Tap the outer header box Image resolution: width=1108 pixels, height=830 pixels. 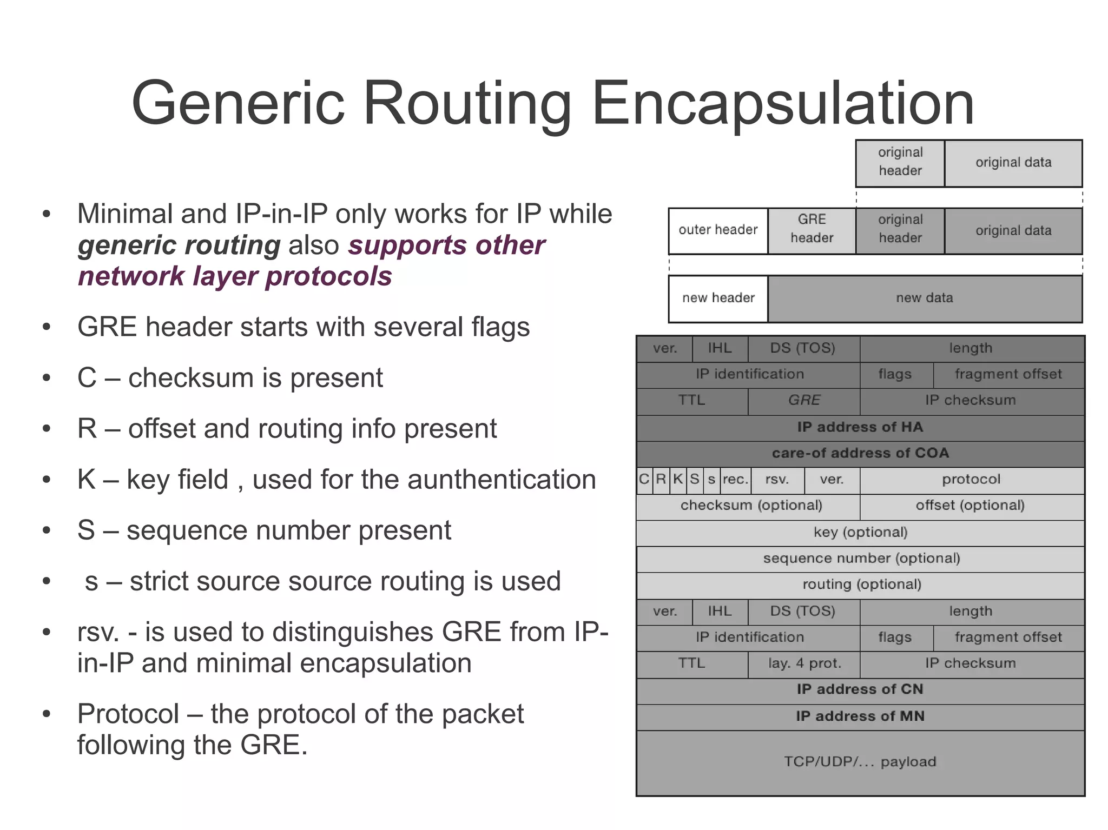(718, 230)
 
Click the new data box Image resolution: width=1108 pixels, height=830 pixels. (924, 298)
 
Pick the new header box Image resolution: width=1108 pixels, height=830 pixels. (718, 298)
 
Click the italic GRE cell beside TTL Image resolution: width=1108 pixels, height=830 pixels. (804, 400)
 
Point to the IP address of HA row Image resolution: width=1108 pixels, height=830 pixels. (860, 427)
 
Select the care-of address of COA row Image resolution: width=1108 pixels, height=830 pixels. (860, 453)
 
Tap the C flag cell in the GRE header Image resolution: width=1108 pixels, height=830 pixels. (644, 480)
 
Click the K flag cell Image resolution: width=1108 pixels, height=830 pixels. (678, 480)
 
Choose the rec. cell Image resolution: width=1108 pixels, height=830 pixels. (735, 480)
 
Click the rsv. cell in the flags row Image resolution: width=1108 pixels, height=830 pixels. (777, 480)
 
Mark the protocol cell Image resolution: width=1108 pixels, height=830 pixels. (971, 480)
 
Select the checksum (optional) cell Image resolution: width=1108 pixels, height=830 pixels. (751, 506)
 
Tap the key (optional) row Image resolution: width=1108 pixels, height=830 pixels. (860, 533)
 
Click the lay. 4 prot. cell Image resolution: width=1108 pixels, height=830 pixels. (804, 663)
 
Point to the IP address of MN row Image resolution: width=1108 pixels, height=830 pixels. (860, 716)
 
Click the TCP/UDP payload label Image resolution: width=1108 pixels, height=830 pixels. (860, 762)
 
